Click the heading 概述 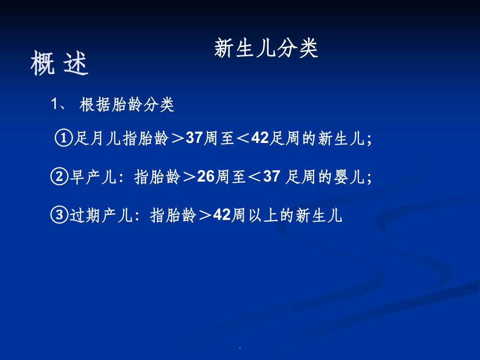pyautogui.click(x=59, y=64)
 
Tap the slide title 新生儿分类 pyautogui.click(x=266, y=49)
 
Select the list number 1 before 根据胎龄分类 pyautogui.click(x=56, y=105)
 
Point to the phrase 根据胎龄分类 pyautogui.click(x=127, y=105)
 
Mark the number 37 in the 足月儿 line pyautogui.click(x=194, y=139)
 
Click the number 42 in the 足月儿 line pyautogui.click(x=259, y=139)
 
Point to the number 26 pyautogui.click(x=206, y=177)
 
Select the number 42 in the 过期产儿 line pyautogui.click(x=222, y=214)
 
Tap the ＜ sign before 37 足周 pyautogui.click(x=254, y=177)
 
